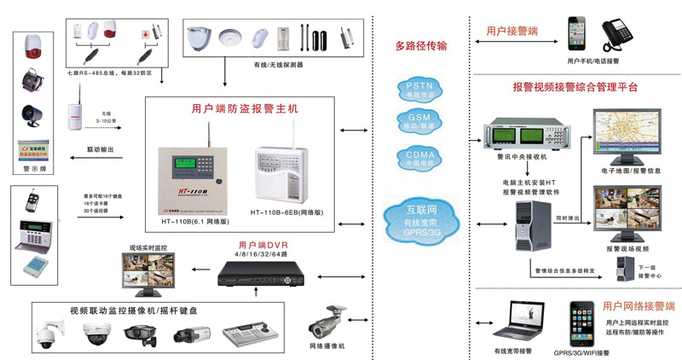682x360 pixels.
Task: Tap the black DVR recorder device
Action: point(258,272)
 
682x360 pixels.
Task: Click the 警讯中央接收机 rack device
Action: point(522,136)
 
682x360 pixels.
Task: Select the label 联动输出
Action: point(103,150)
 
